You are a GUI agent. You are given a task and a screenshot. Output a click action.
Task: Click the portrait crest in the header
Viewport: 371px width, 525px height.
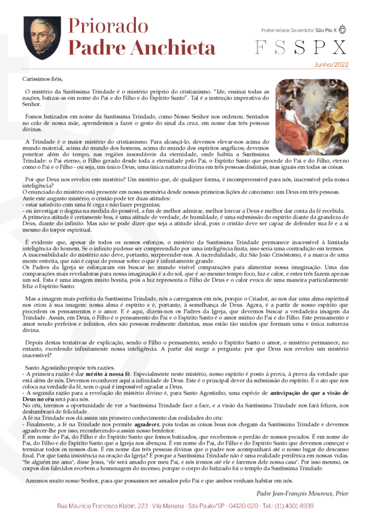click(42, 39)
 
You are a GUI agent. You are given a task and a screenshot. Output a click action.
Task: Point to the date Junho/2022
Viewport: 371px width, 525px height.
click(331, 64)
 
